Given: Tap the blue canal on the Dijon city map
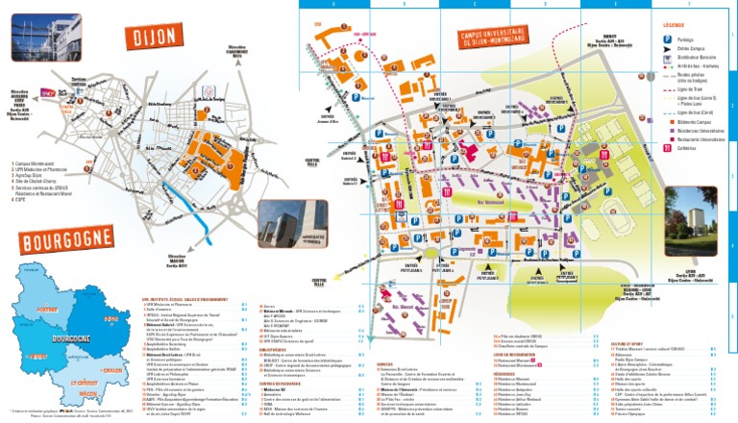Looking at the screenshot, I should [203, 221].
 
